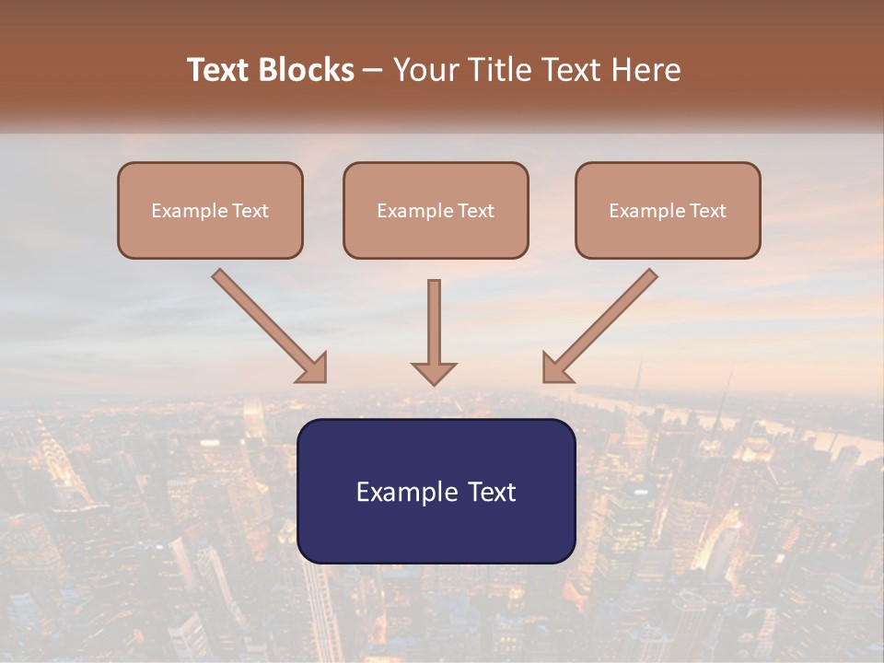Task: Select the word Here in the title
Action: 644,70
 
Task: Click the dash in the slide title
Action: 373,71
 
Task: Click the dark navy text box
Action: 436,529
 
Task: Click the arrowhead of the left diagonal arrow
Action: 314,369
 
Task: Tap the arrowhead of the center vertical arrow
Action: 434,373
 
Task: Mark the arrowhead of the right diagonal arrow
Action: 555,369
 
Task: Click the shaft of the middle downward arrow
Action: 434,318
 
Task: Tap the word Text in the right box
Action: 707,211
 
